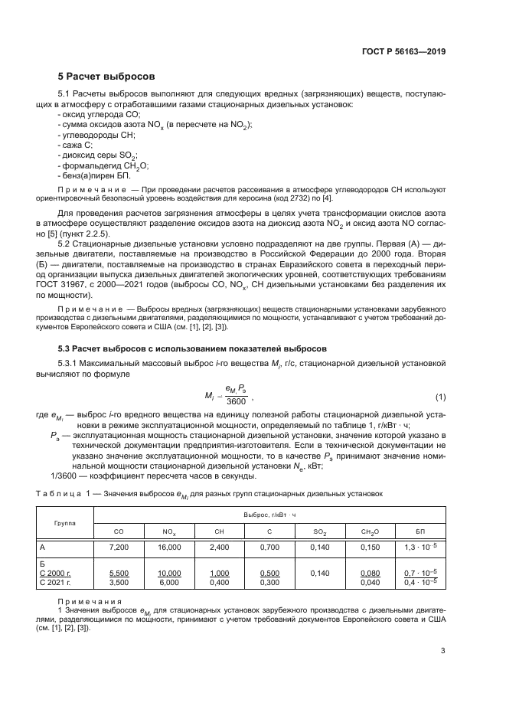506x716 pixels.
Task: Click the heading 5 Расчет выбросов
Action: tap(106, 77)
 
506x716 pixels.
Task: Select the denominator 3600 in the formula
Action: tap(237, 402)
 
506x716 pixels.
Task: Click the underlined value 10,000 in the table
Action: tap(168, 573)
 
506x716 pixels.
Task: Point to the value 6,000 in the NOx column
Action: tap(168, 582)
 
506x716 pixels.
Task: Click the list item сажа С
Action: tap(76, 144)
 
